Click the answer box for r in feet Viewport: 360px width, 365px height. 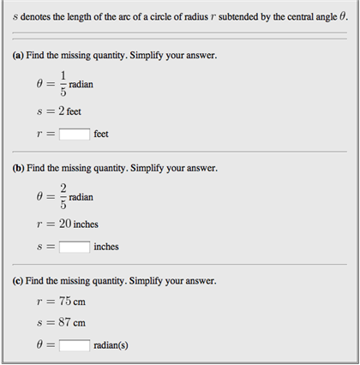(75, 135)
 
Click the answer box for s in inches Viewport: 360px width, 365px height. (75, 247)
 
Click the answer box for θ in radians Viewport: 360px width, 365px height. (75, 345)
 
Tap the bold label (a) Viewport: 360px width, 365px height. (19, 56)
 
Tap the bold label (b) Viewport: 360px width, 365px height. (20, 168)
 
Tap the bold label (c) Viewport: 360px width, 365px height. (19, 280)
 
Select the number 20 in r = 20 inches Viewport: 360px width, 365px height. (64, 224)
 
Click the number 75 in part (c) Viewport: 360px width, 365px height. (64, 302)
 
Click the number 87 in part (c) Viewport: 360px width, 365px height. (64, 323)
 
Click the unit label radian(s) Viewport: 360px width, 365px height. (112, 346)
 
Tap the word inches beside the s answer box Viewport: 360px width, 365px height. (105, 247)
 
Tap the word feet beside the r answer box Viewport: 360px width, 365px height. (101, 135)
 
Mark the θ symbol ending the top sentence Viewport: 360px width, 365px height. (343, 16)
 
